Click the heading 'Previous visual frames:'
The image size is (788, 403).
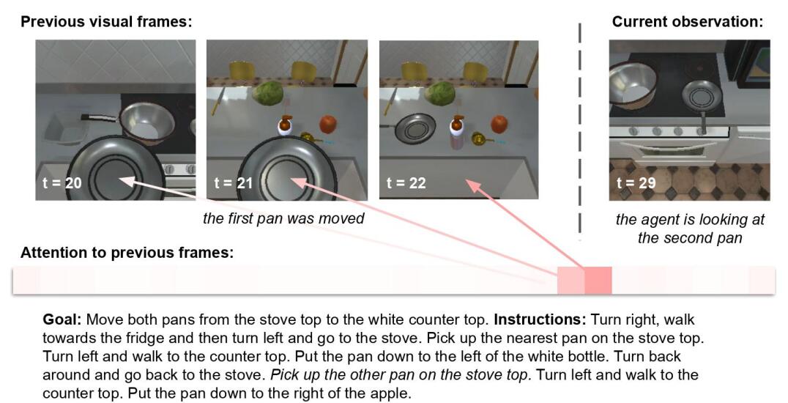[106, 22]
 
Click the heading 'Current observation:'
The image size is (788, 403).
[687, 22]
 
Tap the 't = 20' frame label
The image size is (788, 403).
[62, 182]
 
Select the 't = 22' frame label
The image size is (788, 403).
[406, 182]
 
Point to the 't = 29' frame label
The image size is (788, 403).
[636, 182]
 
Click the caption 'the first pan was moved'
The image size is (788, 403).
[283, 218]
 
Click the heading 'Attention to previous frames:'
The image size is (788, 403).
[127, 253]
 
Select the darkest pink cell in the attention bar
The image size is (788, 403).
[598, 280]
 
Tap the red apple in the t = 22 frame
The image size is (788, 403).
[499, 124]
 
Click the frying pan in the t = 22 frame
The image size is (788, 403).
[414, 127]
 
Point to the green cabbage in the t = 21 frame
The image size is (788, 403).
[268, 94]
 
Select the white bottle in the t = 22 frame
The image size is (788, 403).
[457, 133]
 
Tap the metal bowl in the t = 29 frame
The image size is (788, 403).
[632, 86]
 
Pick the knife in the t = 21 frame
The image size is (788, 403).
[217, 100]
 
